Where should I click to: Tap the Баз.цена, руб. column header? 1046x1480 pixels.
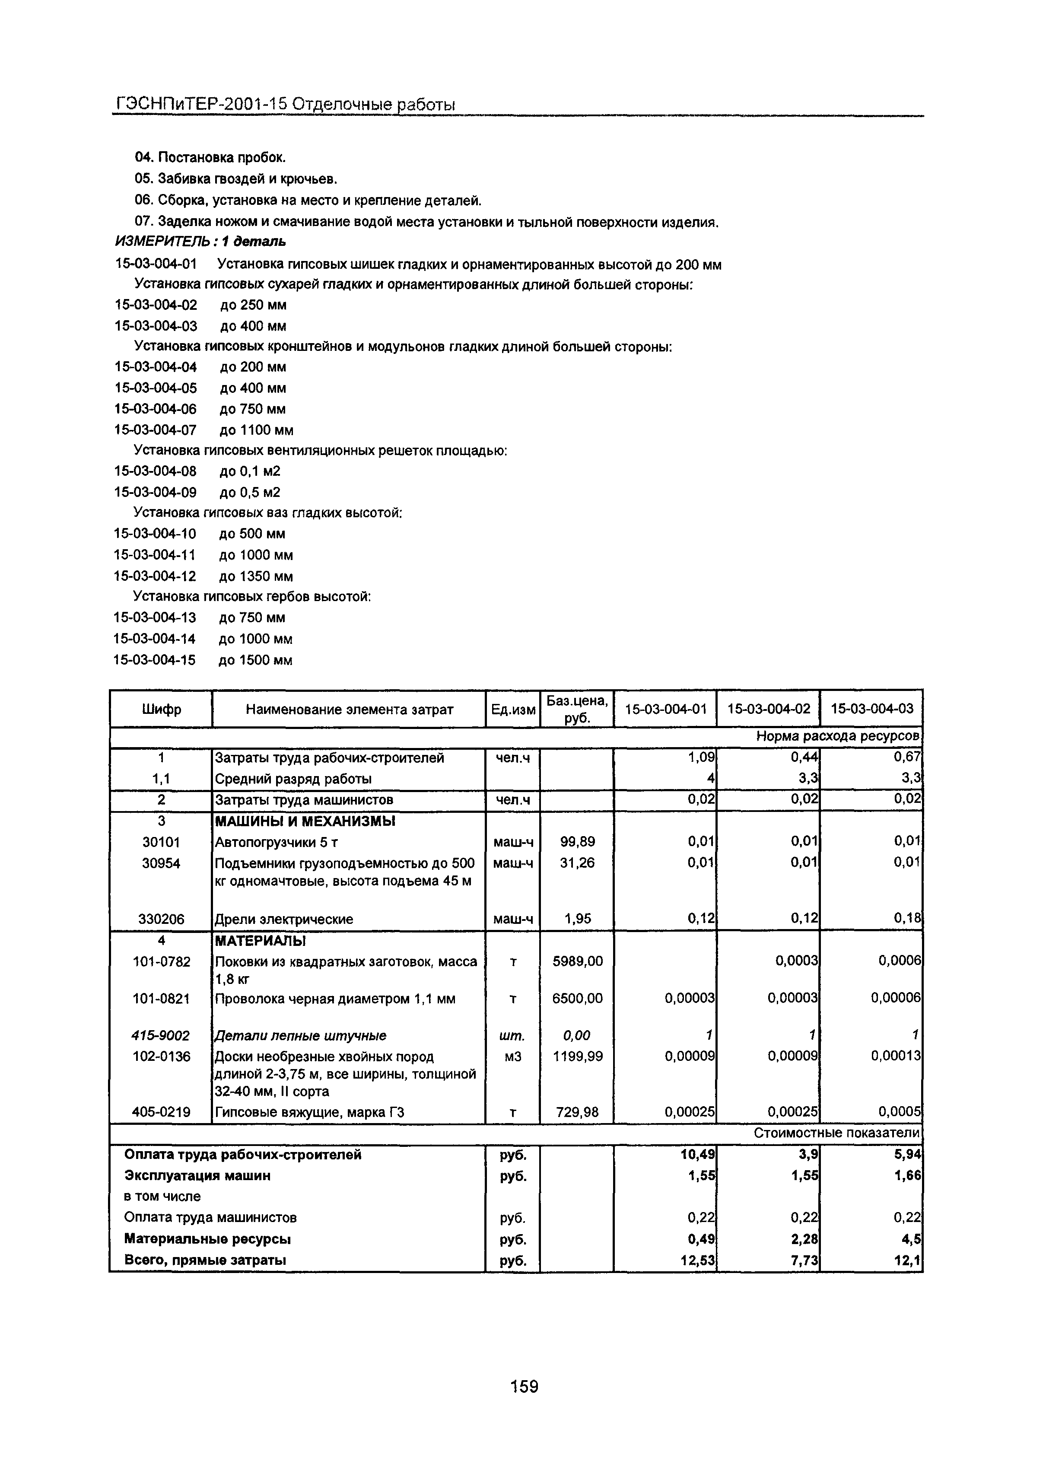[x=577, y=709]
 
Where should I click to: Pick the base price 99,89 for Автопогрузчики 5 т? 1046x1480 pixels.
[x=577, y=842]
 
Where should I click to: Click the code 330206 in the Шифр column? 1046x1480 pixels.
[x=161, y=919]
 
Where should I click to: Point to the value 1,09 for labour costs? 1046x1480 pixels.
[x=701, y=758]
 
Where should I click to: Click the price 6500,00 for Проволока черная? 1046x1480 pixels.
[x=577, y=999]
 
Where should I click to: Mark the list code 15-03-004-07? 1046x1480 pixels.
[x=155, y=430]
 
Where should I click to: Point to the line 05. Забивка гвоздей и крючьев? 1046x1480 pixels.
[x=236, y=178]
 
